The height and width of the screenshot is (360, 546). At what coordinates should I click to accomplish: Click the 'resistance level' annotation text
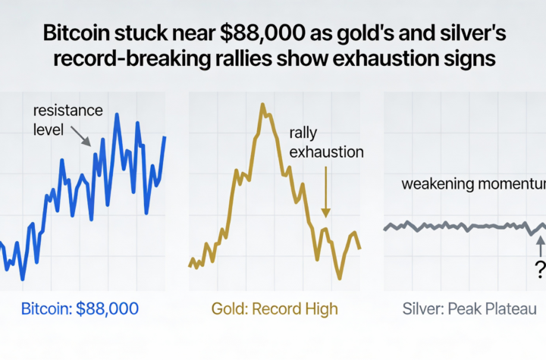coord(67,120)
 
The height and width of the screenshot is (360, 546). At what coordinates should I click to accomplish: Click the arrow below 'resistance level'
coord(81,137)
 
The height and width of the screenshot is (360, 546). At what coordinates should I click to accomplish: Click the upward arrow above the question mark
coord(540,244)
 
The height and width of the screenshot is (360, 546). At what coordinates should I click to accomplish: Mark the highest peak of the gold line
coord(262,105)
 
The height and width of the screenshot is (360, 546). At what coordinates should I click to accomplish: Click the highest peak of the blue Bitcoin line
coord(117,115)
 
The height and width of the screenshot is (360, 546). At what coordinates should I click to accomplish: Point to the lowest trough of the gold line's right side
coord(339,279)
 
